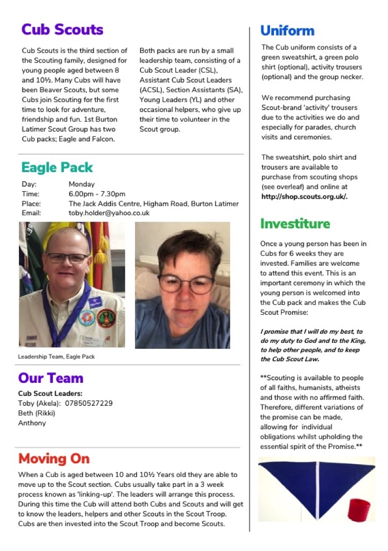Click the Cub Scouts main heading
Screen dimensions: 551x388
click(62, 30)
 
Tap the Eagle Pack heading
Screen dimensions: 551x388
click(57, 167)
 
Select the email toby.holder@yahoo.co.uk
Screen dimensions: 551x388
click(109, 213)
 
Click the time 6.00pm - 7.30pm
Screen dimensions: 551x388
click(97, 194)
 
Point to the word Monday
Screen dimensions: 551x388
click(81, 184)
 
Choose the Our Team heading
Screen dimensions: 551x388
click(50, 378)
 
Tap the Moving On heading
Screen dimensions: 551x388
click(54, 458)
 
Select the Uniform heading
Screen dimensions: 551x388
click(287, 31)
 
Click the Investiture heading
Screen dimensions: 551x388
click(295, 223)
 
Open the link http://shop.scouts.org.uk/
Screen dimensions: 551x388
click(304, 197)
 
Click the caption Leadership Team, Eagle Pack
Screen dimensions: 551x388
click(56, 357)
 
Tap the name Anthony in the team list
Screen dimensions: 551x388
click(31, 423)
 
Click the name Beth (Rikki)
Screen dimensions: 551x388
click(36, 413)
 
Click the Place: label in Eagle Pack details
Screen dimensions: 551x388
click(31, 203)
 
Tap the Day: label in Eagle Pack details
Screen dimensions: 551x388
click(29, 184)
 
